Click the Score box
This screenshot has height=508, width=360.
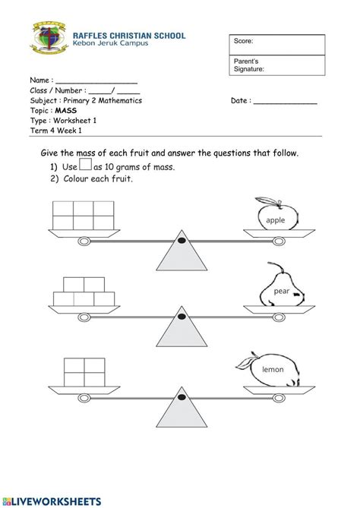(276, 45)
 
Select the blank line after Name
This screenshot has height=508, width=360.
(96, 81)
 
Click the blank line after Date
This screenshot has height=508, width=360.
(285, 102)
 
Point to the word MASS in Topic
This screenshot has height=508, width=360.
(66, 110)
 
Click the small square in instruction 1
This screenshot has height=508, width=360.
(86, 165)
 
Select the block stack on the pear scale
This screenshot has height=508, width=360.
(83, 292)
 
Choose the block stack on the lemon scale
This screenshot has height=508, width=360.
(83, 369)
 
